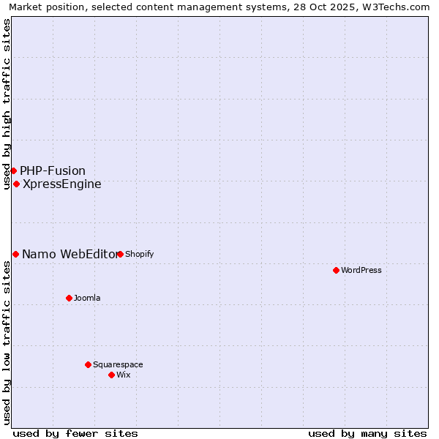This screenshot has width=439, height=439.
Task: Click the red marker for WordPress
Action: [x=336, y=270]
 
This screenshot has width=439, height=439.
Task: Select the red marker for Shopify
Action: [x=120, y=254]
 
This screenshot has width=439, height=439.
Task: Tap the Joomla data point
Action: [x=69, y=298]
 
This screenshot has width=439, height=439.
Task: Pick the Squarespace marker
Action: [x=88, y=364]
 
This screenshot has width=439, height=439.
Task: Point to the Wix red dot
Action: [x=111, y=375]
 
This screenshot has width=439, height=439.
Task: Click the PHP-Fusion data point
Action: [x=13, y=170]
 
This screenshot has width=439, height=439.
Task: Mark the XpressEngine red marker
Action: [x=16, y=184]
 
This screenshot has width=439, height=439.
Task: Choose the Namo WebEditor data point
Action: [x=15, y=254]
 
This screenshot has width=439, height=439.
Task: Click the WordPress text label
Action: [x=361, y=270]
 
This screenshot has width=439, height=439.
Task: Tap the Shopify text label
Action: [x=139, y=254]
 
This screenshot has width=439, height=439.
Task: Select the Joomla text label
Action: [x=87, y=298]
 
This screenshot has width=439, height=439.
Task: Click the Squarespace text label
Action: [x=118, y=364]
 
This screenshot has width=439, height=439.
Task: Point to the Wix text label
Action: [x=124, y=375]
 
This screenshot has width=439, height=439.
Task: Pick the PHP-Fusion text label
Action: [x=53, y=170]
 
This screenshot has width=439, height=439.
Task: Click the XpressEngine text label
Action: [x=62, y=184]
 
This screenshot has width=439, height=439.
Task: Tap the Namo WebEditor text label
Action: [x=69, y=254]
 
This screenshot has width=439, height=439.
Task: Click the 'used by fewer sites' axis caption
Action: [x=75, y=433]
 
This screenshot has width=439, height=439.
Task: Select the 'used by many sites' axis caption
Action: [x=367, y=433]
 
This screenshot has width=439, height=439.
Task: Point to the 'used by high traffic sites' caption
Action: [x=7, y=104]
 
